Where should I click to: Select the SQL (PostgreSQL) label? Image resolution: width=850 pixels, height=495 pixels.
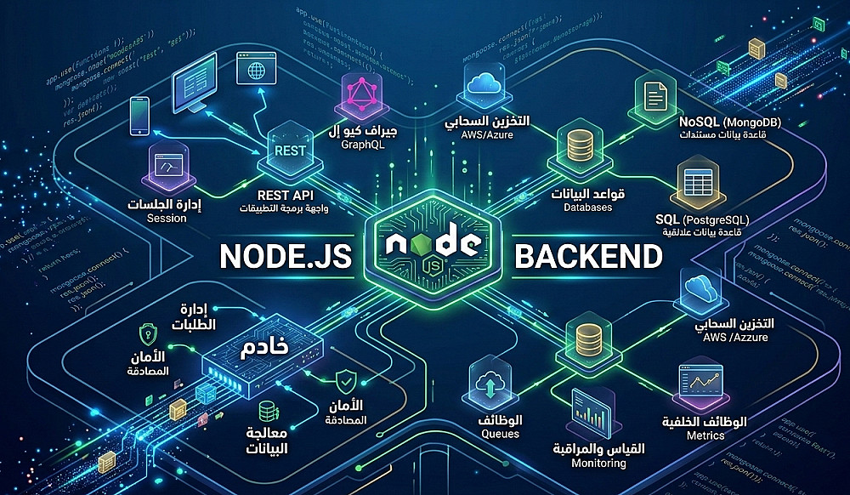pos(713,219)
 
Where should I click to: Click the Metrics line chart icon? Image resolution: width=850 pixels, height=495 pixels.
pos(698,388)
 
